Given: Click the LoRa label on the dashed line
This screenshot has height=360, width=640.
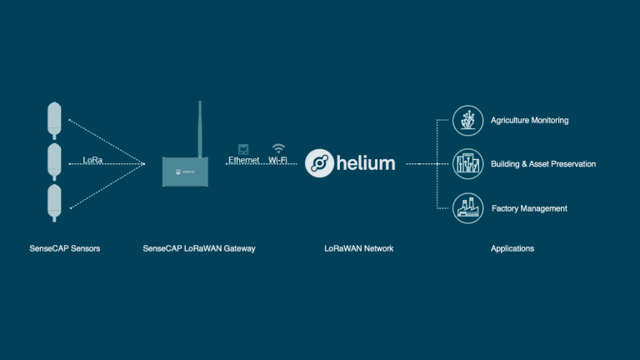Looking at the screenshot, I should point(92,160).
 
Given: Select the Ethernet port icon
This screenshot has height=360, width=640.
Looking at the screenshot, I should point(243,147).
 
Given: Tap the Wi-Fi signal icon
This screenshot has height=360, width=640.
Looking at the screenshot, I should point(278,147).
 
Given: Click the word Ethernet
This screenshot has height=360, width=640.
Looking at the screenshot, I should point(244,160).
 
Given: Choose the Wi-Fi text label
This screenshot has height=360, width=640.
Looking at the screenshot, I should point(278,160).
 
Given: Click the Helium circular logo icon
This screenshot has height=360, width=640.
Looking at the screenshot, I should point(319,163).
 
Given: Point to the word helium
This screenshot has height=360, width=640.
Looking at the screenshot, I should point(367,163).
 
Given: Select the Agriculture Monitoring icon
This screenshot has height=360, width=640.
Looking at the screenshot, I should point(467,121).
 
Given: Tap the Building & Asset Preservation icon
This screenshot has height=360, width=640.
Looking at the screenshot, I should point(467,164).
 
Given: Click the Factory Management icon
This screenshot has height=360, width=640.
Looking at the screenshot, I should point(467,208).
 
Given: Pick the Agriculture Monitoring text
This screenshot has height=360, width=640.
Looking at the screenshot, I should point(530,121).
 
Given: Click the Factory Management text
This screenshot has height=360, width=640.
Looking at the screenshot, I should point(529,208).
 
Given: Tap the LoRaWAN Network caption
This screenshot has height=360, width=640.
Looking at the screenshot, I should point(359,248).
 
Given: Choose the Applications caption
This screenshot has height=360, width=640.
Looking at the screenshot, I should point(512,248).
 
